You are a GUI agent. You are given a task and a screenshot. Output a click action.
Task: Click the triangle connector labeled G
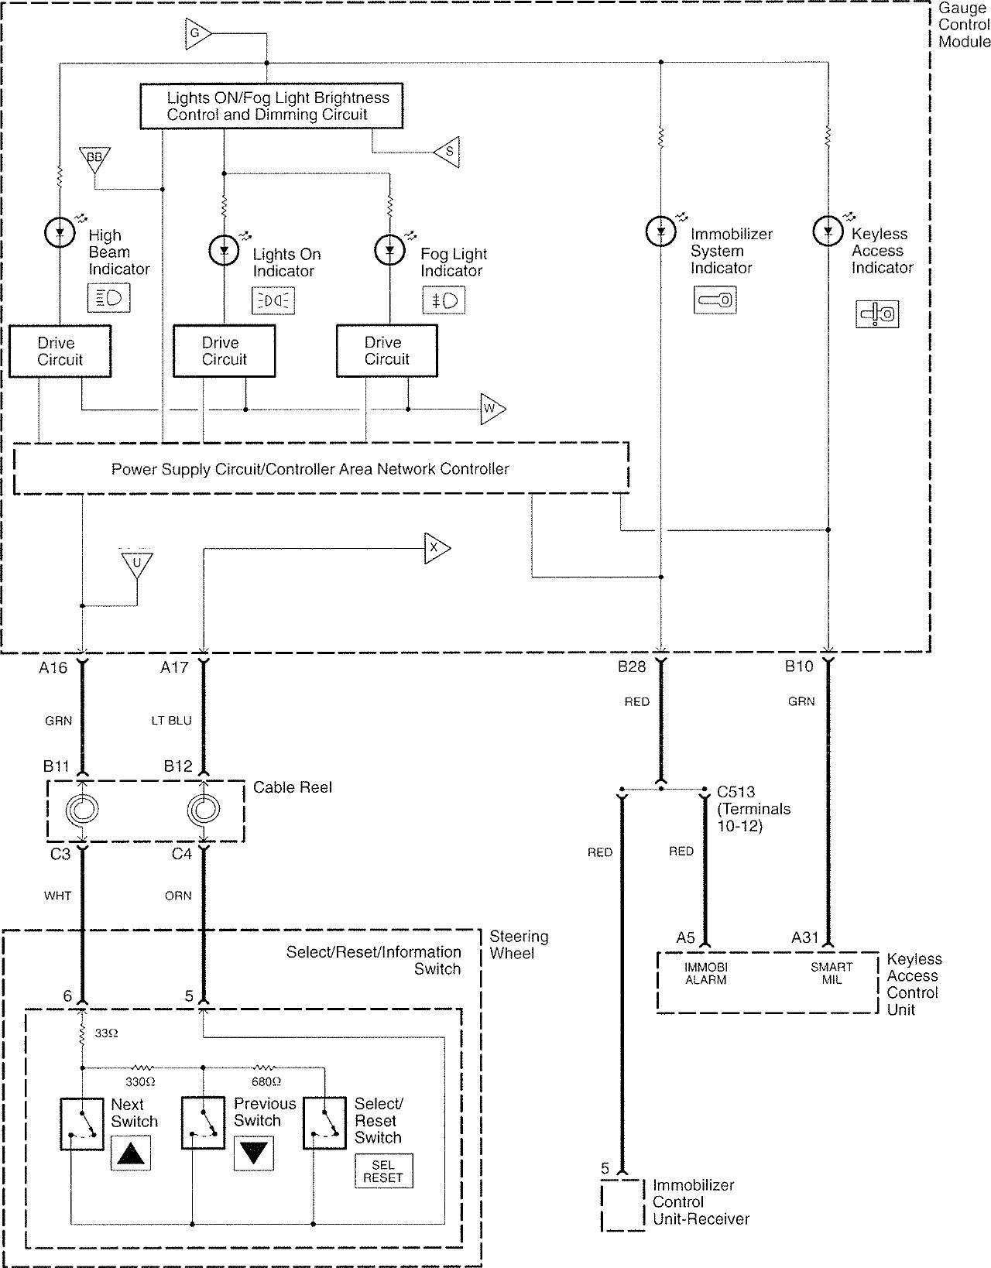pyautogui.click(x=197, y=33)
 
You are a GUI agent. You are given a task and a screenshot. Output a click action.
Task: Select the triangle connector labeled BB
pyautogui.click(x=94, y=159)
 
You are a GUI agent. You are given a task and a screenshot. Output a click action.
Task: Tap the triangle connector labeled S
pyautogui.click(x=447, y=153)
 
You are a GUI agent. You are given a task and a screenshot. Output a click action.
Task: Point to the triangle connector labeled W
pyautogui.click(x=492, y=409)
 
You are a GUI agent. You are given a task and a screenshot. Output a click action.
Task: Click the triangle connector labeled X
pyautogui.click(x=435, y=548)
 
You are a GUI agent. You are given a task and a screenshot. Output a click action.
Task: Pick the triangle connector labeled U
pyautogui.click(x=137, y=564)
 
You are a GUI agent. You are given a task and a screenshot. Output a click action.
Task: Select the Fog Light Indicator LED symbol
pyautogui.click(x=390, y=251)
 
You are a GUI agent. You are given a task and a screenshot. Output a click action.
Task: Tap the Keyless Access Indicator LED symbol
pyautogui.click(x=828, y=231)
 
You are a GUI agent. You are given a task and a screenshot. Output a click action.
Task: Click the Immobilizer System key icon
pyautogui.click(x=715, y=300)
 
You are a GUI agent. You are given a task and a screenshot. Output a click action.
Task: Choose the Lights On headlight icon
pyautogui.click(x=273, y=301)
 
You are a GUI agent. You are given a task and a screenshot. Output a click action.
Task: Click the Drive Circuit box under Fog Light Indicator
pyautogui.click(x=387, y=351)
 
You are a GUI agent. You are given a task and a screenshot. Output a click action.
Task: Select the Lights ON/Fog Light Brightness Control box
pyautogui.click(x=272, y=106)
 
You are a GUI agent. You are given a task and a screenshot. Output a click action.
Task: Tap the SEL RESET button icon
pyautogui.click(x=383, y=1170)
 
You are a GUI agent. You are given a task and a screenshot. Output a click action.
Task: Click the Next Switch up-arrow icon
pyautogui.click(x=131, y=1153)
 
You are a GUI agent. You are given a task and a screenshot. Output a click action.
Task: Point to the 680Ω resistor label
pyautogui.click(x=266, y=1082)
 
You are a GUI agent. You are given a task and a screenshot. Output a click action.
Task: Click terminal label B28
pyautogui.click(x=632, y=667)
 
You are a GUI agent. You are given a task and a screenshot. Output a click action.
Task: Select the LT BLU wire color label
pyautogui.click(x=172, y=721)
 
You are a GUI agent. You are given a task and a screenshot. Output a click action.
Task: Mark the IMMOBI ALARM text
pyautogui.click(x=705, y=973)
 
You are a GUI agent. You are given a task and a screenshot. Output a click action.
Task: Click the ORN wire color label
pyautogui.click(x=178, y=896)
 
